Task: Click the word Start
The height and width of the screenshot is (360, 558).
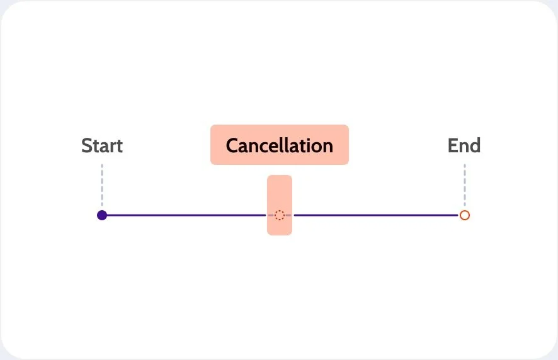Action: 102,146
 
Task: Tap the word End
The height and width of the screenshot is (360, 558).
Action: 464,146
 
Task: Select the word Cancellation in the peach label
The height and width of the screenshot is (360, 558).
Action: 279,145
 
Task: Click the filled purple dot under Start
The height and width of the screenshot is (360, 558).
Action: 102,215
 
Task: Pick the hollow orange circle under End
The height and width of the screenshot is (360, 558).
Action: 465,215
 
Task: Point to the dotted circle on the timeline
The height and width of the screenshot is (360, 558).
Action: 280,215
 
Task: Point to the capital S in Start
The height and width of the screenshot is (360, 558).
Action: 87,146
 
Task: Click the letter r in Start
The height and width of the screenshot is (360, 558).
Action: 112,147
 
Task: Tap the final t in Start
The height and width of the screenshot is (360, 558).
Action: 120,147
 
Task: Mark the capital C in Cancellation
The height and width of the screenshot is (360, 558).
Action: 232,146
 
